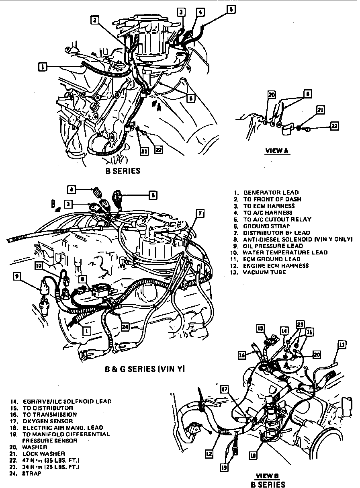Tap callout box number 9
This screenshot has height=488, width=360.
click(17, 277)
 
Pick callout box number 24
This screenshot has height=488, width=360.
click(125, 327)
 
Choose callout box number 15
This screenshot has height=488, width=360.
click(260, 328)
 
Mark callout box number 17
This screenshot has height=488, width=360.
click(224, 389)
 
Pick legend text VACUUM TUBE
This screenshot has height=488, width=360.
click(264, 272)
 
